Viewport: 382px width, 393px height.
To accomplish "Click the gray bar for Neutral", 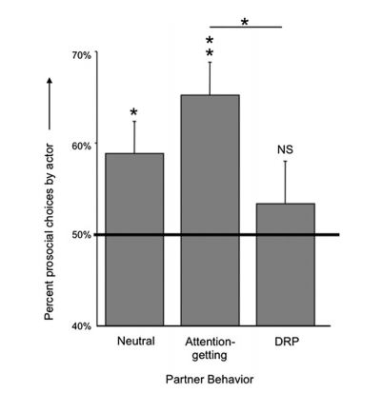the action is (134, 240).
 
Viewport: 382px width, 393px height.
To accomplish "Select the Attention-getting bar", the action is (211, 210).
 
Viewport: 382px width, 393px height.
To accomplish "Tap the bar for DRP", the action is (286, 265).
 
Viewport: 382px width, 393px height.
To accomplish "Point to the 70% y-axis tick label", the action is (82, 55).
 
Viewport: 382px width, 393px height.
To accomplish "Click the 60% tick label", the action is (82, 146).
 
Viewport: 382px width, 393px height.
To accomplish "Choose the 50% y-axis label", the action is (82, 235).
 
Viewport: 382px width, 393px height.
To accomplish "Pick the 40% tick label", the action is (82, 326).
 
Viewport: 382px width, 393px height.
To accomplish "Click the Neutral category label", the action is (136, 341).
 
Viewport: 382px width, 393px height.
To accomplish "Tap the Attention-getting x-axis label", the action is (210, 348).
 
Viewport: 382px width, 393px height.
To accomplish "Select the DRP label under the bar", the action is (287, 342).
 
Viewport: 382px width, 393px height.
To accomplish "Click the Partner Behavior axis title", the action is (210, 380).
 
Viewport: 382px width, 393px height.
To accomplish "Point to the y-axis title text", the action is (50, 232).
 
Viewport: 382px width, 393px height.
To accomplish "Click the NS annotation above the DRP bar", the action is (285, 149).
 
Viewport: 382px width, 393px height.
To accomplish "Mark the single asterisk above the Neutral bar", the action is (134, 112).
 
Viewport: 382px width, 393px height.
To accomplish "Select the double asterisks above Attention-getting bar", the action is (210, 47).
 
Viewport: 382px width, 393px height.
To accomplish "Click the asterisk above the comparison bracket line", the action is (245, 22).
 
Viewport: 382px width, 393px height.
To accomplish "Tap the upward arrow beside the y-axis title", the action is (50, 104).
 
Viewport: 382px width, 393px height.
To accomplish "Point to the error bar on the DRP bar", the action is (285, 183).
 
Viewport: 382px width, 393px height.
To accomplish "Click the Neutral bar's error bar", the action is (134, 137).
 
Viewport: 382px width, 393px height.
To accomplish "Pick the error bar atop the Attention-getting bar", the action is (210, 78).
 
